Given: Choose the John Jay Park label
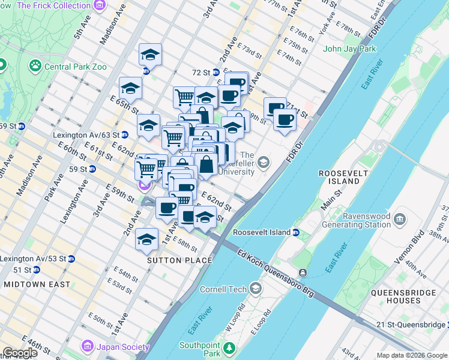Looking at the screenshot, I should [x=349, y=49].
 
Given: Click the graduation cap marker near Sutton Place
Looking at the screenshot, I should [x=146, y=240].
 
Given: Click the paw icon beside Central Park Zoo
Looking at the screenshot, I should [x=35, y=64].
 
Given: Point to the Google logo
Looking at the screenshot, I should [x=20, y=353].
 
